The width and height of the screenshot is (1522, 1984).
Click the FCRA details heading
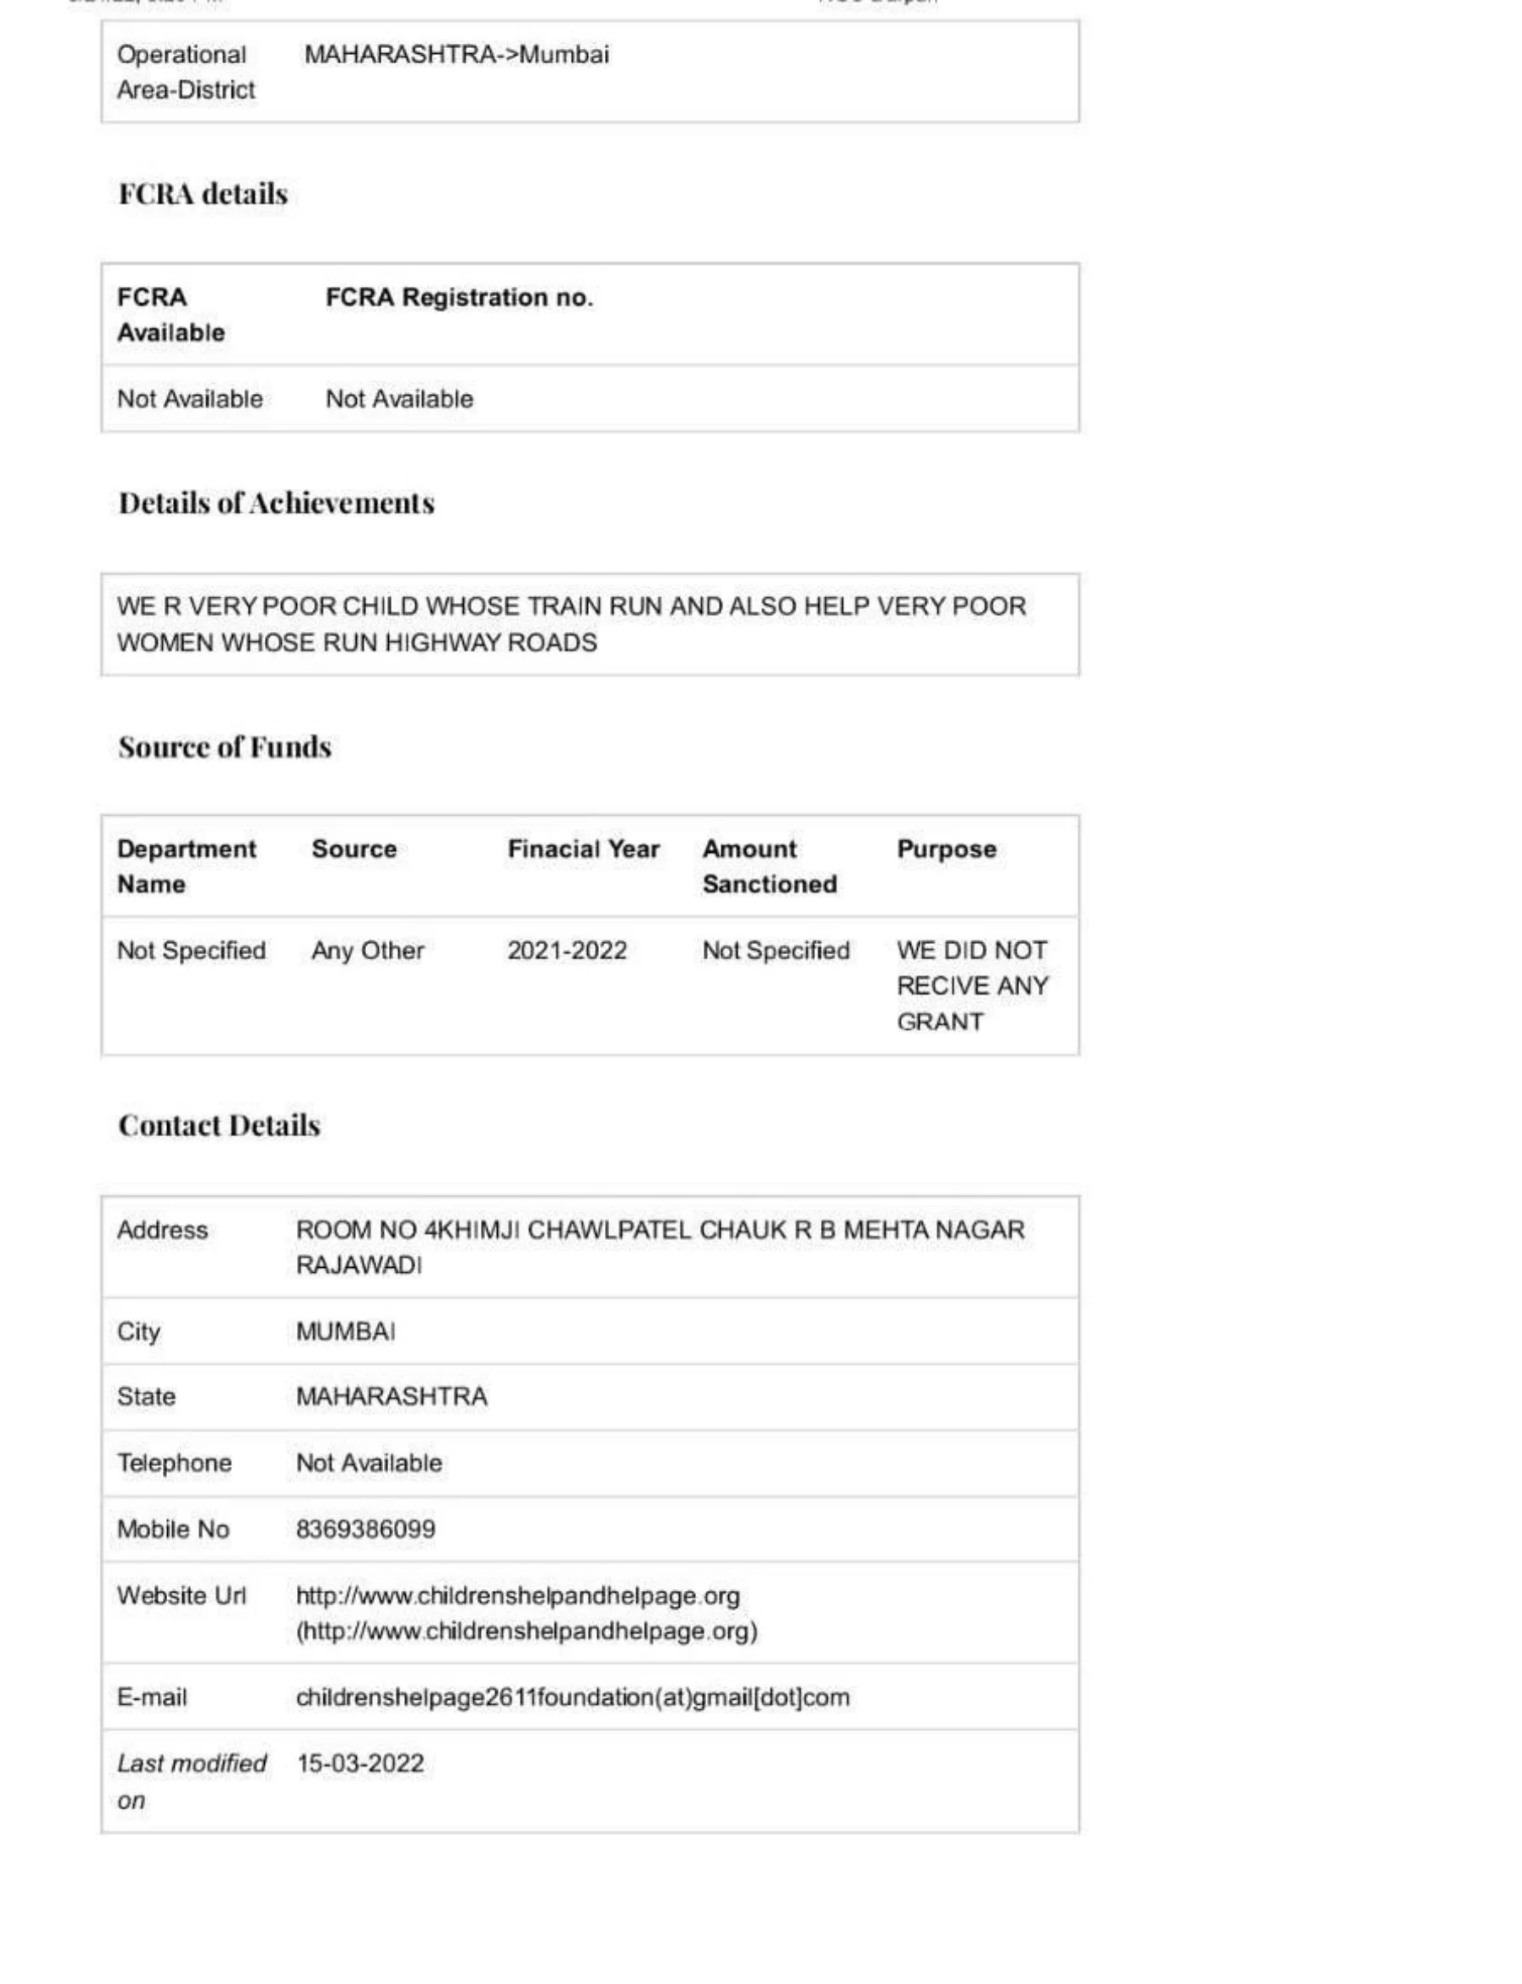pos(203,194)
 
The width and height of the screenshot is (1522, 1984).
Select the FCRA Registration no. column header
pos(459,297)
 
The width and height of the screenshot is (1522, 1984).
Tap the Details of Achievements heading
pos(277,503)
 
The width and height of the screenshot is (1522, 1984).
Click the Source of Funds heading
pos(224,747)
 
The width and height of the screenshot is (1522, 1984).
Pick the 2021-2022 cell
pos(566,951)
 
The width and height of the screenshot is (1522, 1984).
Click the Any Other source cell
pos(367,951)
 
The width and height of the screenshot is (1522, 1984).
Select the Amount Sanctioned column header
pos(769,866)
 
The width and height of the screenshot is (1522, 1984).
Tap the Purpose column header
pos(946,849)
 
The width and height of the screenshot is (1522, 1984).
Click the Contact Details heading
pos(219,1125)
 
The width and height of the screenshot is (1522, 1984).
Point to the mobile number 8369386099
pos(365,1529)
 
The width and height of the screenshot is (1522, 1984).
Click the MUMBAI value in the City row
pos(345,1332)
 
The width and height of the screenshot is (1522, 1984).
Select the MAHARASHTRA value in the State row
pos(391,1396)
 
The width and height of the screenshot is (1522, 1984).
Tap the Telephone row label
pos(174,1463)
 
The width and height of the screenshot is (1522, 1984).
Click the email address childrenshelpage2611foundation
pos(573,1697)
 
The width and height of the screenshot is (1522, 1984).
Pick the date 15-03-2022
pos(359,1763)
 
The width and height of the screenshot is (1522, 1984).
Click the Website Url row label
pos(181,1595)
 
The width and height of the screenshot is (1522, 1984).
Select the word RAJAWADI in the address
pos(359,1265)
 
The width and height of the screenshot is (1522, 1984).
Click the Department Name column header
pos(186,866)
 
